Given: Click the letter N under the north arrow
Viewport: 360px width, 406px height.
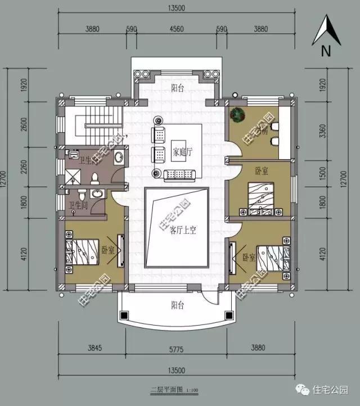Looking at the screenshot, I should point(325,51).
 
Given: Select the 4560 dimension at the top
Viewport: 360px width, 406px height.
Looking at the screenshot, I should point(176,29).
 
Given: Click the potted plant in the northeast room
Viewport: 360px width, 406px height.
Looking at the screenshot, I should point(239,114).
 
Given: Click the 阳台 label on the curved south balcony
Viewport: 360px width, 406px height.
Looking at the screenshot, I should point(178,305).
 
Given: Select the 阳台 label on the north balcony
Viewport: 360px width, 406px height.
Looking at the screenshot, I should point(178,88).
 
